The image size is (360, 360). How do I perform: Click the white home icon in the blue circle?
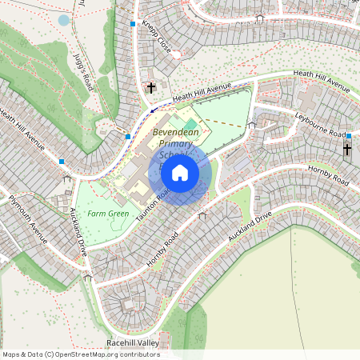(180, 172)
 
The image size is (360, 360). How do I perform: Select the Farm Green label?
(108, 214)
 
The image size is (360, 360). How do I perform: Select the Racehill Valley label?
(133, 342)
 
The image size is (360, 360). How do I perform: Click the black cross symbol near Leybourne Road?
(347, 150)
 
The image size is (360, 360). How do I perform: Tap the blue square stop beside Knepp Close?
(133, 25)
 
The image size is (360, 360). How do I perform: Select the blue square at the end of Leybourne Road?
(349, 136)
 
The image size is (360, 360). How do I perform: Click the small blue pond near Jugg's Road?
(64, 20)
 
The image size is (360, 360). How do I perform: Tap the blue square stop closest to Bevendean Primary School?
(128, 137)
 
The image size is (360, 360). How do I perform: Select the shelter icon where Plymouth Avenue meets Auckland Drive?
(88, 277)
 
